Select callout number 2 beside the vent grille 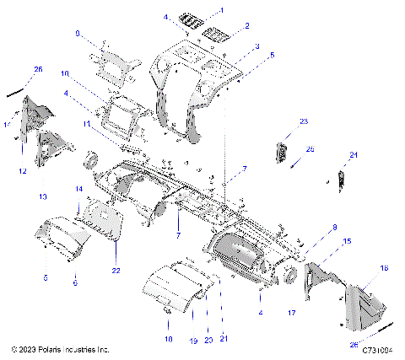tap(246, 26)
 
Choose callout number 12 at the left tap(23, 171)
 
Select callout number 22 tap(116, 270)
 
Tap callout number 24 tap(354, 155)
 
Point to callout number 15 tap(346, 241)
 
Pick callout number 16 tap(385, 267)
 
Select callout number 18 tap(168, 338)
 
